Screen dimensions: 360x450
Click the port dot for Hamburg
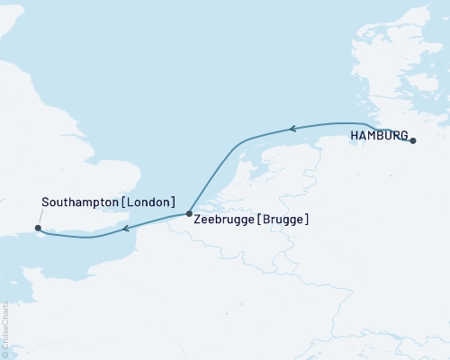pos(413,140)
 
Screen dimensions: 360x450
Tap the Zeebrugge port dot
pos(189,214)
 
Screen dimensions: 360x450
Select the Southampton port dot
pos(36,228)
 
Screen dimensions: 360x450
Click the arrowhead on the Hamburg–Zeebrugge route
pos(291,130)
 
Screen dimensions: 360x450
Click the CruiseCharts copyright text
pos(5,328)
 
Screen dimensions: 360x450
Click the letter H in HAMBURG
pos(354,137)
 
